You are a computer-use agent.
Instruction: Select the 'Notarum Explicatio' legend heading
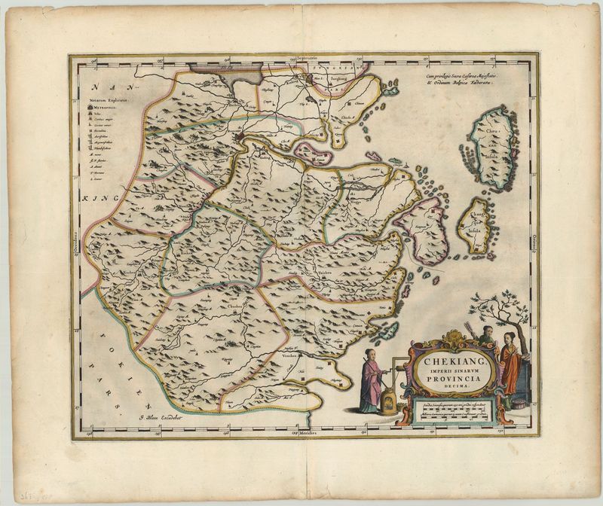click(x=111, y=100)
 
